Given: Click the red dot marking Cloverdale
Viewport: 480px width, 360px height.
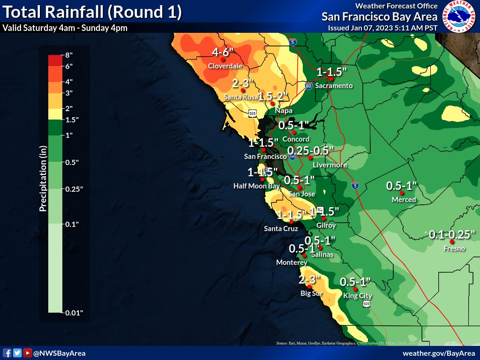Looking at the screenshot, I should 224,60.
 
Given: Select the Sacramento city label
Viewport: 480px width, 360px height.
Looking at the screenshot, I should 333,86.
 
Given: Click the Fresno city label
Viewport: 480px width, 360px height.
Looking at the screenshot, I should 454,248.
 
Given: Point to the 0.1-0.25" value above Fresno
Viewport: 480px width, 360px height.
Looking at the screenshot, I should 453,234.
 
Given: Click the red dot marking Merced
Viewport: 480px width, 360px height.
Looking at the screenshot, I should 402,193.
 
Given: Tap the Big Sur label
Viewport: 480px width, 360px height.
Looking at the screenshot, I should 312,294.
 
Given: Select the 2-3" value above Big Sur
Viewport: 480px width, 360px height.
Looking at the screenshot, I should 309,280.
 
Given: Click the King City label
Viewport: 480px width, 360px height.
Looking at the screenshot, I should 357,296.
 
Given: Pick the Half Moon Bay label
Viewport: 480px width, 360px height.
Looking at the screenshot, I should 256,186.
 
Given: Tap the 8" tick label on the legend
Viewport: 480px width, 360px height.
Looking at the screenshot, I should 68,55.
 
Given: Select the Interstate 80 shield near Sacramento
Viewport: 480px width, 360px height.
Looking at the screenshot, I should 308,86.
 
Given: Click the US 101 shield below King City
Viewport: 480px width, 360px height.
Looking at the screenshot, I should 366,304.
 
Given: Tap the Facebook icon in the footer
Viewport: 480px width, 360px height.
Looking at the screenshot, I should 7,353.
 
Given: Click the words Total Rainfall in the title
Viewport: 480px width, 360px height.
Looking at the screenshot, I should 52,12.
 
